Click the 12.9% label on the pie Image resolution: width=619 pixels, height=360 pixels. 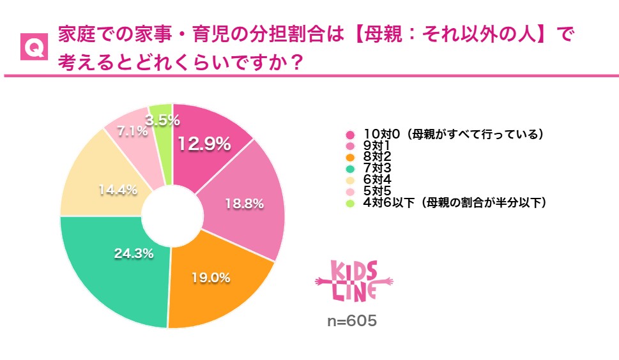pyautogui.click(x=204, y=144)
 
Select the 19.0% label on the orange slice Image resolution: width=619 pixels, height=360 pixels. pyautogui.click(x=211, y=278)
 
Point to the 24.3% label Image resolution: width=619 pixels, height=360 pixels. pyautogui.click(x=134, y=253)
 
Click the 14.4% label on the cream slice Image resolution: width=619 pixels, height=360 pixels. pyautogui.click(x=118, y=190)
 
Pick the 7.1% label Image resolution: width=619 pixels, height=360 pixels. pyautogui.click(x=132, y=132)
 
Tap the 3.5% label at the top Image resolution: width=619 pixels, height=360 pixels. pyautogui.click(x=162, y=119)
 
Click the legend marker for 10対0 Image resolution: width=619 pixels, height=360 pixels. pyautogui.click(x=349, y=135)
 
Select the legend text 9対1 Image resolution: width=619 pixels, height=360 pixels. pyautogui.click(x=376, y=146)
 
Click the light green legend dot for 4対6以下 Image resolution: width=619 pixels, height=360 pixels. pyautogui.click(x=349, y=204)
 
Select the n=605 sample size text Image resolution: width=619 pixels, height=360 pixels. pyautogui.click(x=352, y=321)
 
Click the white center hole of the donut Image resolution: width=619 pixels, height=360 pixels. pyautogui.click(x=172, y=216)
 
